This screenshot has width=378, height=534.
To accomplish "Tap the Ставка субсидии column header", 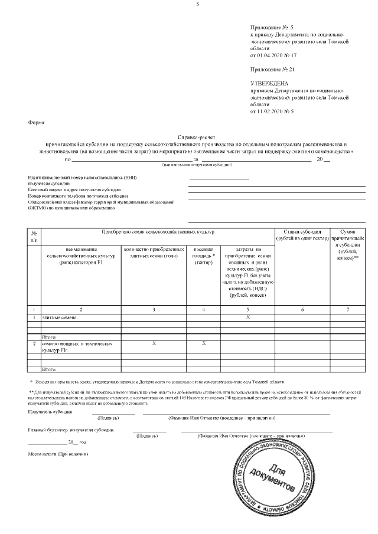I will coord(301,235).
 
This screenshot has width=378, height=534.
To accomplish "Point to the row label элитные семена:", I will coord(60,317).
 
